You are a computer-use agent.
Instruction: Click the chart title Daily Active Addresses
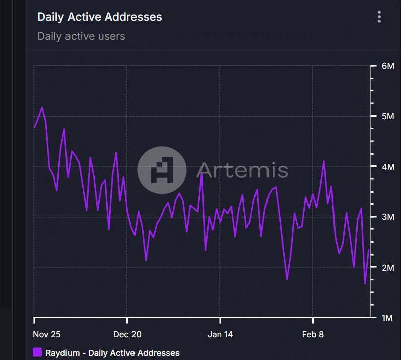coord(100,17)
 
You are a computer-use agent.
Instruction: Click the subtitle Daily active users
coord(81,36)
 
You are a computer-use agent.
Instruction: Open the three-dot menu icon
coord(379,17)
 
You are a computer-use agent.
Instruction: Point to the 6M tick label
coord(388,66)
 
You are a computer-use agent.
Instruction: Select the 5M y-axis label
coord(388,116)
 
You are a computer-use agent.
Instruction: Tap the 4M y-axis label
coord(388,166)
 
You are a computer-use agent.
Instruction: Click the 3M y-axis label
coord(388,217)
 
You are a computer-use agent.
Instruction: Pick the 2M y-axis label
coord(388,267)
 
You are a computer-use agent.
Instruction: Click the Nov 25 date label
coord(46,334)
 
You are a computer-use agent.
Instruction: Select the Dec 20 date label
coord(127,334)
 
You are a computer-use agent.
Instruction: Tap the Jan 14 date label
coord(221,334)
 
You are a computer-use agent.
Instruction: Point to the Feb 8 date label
coord(313,334)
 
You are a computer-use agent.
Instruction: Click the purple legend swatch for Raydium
coord(37,352)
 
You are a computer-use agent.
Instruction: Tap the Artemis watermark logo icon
coord(162,170)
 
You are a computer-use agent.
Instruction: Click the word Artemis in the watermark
coord(242,170)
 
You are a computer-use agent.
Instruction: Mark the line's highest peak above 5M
coord(42,107)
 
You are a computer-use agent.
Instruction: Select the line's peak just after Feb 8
coord(324,161)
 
